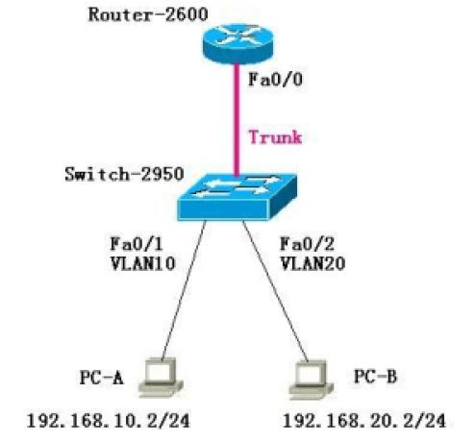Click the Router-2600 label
point(148,15)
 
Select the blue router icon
point(237,43)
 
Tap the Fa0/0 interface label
point(275,80)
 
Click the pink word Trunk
point(275,137)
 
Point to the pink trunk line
point(237,119)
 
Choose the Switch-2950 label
point(124,175)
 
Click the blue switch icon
point(237,197)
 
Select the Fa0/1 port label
point(137,244)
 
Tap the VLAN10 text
point(142,264)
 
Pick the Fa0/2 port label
point(307,244)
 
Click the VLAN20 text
point(312,264)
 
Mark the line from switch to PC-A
point(184,290)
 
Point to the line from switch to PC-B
point(275,291)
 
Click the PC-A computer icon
point(161,378)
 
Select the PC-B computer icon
point(311,380)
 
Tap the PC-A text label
point(101,377)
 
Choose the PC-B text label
point(375,376)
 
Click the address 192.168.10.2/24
point(109,421)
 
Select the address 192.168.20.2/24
point(364,421)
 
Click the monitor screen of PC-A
point(158,372)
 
